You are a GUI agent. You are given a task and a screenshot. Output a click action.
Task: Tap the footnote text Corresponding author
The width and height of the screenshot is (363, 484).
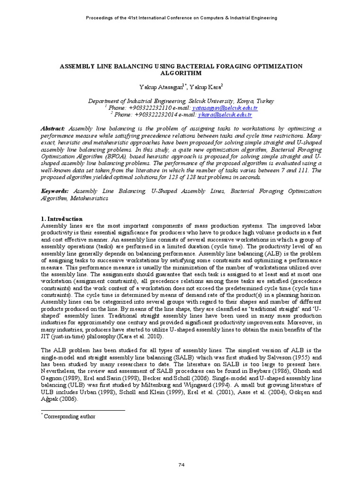click(x=69, y=416)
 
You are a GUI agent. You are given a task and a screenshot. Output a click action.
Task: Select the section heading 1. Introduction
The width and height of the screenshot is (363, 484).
click(x=62, y=219)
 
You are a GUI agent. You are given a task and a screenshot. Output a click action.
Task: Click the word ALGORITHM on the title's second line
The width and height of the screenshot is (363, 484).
click(x=181, y=74)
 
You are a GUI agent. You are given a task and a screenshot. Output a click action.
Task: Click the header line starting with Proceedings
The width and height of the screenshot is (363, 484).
click(x=181, y=18)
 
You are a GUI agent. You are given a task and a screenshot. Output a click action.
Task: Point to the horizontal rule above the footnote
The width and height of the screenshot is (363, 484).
click(x=83, y=411)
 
